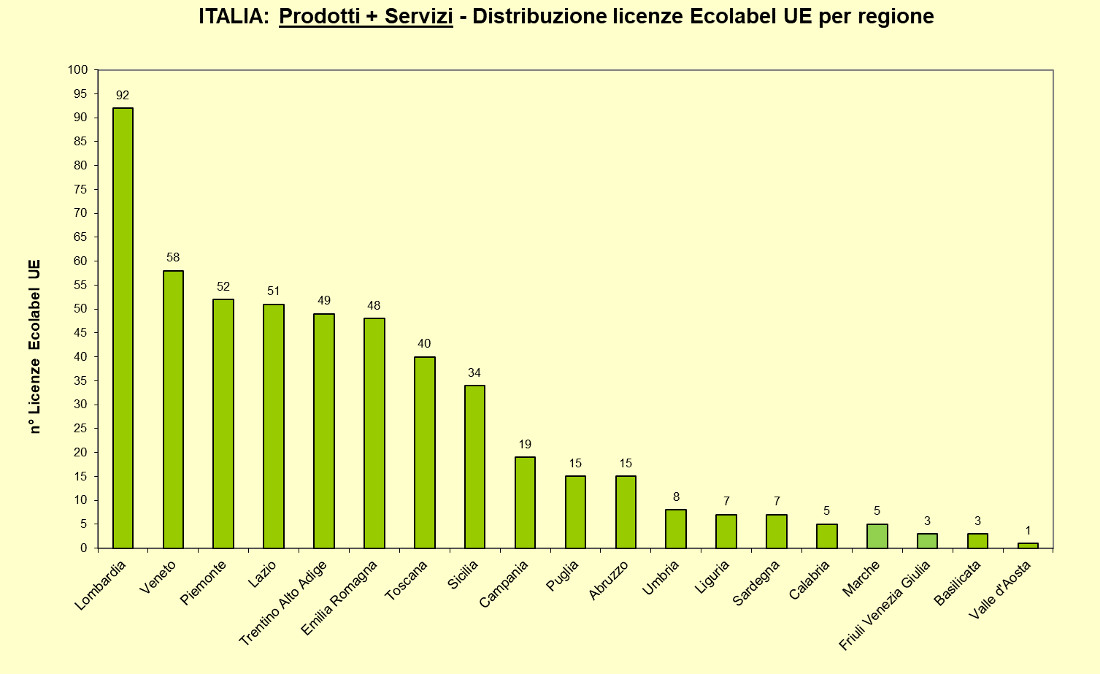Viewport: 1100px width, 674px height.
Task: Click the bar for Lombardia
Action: point(123,328)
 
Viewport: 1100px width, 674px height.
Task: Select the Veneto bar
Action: point(173,409)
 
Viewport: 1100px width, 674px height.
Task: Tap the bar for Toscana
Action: point(424,452)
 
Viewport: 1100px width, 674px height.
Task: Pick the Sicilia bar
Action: point(474,467)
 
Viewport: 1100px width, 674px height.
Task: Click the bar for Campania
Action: point(525,502)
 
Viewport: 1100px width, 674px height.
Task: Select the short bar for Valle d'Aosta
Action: point(1028,545)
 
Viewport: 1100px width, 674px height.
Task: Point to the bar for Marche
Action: point(877,536)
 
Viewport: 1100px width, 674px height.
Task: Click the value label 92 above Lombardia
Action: point(123,95)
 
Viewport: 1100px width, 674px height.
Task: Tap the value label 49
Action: point(324,300)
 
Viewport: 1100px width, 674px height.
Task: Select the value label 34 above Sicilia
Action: point(474,372)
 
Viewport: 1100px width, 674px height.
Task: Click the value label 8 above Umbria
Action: point(676,497)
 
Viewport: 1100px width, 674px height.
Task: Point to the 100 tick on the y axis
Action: point(77,70)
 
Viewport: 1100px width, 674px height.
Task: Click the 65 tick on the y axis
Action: point(80,237)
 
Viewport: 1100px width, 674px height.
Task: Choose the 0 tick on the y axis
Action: point(84,548)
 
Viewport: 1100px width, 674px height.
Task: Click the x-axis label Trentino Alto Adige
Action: point(283,602)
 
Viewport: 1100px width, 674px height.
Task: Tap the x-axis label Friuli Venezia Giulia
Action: point(885,605)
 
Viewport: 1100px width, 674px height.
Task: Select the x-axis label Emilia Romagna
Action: point(339,597)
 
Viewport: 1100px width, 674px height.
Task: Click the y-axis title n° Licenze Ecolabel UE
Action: point(34,347)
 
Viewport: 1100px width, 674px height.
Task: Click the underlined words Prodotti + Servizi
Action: point(366,16)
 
